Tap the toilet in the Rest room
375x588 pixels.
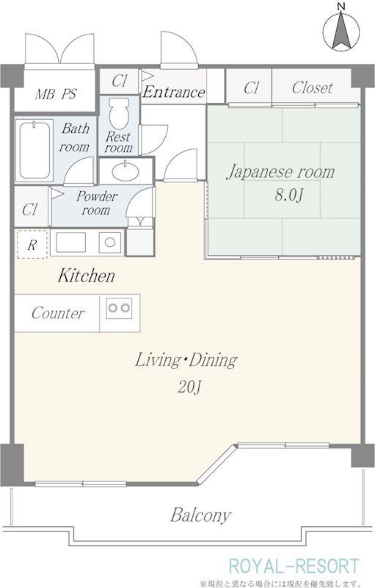click(119, 113)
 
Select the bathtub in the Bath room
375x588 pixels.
click(34, 151)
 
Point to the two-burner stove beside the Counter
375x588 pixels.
click(119, 308)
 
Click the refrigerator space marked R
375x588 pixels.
click(32, 245)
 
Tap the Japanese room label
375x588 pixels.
click(280, 172)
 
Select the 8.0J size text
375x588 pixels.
click(288, 195)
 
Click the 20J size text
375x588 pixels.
click(190, 387)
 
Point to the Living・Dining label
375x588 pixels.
click(186, 360)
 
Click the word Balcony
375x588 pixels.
click(200, 515)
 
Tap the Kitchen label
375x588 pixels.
click(87, 276)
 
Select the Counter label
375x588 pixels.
click(58, 313)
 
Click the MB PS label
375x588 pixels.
click(56, 94)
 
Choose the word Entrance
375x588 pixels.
click(174, 93)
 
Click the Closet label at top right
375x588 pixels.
click(312, 87)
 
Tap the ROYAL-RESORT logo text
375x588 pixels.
click(294, 567)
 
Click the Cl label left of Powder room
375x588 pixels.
click(29, 209)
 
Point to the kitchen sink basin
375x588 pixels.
click(70, 243)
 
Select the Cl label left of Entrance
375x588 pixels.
click(120, 81)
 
